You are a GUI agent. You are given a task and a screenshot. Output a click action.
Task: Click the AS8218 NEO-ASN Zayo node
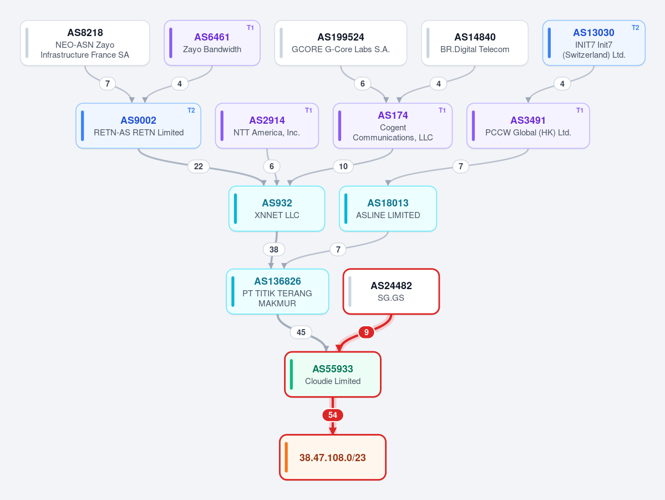tap(85, 43)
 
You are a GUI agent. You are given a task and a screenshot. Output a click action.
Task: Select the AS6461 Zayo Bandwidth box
tap(212, 43)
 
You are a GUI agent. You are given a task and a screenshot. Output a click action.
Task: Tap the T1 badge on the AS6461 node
tap(250, 28)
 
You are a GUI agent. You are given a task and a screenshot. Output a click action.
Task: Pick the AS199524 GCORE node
tap(341, 43)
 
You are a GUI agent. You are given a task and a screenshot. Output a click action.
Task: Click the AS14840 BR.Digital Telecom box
tap(475, 43)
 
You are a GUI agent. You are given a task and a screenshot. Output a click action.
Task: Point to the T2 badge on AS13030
tap(635, 28)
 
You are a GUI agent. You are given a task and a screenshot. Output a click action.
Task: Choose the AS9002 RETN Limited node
tap(138, 125)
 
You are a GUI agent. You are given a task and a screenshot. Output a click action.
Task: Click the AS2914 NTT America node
tap(267, 125)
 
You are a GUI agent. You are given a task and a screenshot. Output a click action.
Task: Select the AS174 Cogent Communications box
tap(393, 125)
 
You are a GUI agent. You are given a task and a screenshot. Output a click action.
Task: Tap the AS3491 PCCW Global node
tap(528, 125)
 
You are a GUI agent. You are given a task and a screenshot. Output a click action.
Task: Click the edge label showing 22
tap(199, 166)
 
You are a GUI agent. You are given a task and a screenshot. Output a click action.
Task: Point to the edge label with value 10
tap(343, 166)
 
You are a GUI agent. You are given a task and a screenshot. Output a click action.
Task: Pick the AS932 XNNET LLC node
tap(277, 209)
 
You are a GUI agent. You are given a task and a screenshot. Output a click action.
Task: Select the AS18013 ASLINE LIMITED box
tap(388, 209)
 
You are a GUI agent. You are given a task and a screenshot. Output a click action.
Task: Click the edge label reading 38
tap(274, 250)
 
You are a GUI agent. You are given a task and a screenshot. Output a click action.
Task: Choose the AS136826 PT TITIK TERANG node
tap(277, 291)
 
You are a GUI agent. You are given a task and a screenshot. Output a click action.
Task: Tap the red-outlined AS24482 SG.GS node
tap(391, 291)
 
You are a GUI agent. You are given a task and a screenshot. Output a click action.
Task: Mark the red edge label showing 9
tap(367, 332)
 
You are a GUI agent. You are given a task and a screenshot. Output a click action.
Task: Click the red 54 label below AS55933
tap(333, 415)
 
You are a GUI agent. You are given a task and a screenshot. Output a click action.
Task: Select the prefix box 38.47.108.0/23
tap(333, 457)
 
